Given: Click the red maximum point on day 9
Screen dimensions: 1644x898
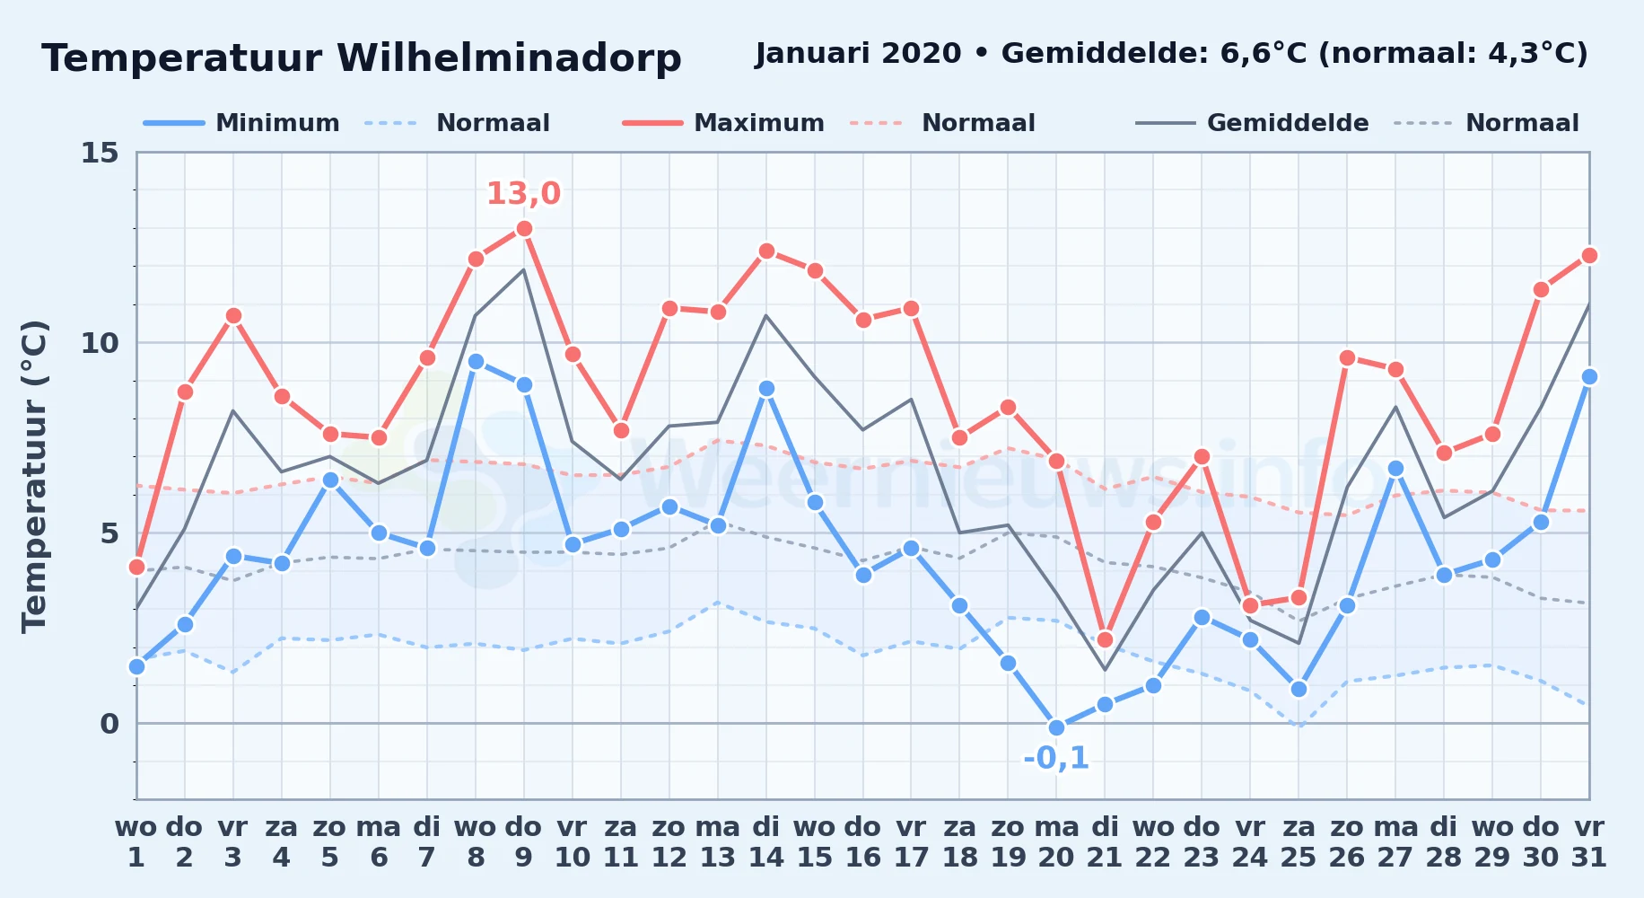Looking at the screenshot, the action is [524, 229].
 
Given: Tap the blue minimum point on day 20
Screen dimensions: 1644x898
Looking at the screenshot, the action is [1056, 727].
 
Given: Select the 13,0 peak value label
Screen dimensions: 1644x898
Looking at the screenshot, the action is [523, 193].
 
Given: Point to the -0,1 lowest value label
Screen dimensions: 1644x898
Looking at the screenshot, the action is [1056, 758].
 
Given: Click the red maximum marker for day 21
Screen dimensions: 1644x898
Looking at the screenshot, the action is [1105, 639].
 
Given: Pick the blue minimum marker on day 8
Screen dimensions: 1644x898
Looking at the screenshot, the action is [476, 362].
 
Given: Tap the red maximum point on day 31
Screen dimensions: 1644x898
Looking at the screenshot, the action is [1589, 256].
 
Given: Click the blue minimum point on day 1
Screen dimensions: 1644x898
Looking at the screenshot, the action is [136, 666].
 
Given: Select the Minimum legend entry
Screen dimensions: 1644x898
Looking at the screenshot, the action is [241, 123].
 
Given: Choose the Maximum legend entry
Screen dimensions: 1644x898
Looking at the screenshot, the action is [723, 123].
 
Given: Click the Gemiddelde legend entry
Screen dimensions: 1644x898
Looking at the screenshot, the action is [1253, 123].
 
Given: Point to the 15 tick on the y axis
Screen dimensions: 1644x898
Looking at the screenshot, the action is [100, 153].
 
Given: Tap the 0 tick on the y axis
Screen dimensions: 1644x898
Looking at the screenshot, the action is [109, 724].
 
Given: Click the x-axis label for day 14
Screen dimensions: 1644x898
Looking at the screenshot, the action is [766, 841].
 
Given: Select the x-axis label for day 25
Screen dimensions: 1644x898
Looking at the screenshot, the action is [1299, 841].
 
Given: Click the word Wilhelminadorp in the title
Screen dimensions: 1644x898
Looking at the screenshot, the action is [509, 58].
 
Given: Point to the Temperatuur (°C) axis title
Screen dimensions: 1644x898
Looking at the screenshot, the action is [34, 477].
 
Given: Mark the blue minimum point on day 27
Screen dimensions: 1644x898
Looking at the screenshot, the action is [1395, 468].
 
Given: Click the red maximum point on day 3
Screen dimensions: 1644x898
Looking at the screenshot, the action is [233, 316].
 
